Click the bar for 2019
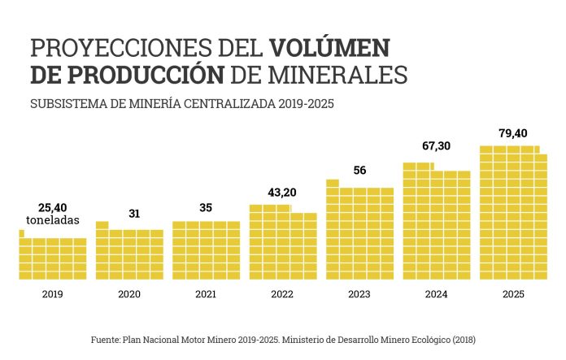click(52, 258)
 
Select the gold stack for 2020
click(129, 254)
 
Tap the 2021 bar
click(206, 250)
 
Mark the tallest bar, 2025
click(513, 213)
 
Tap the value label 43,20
click(282, 192)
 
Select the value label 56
click(359, 170)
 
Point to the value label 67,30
click(437, 146)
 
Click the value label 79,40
click(513, 132)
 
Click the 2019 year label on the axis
click(52, 295)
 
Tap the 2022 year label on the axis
click(282, 295)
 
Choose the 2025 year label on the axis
click(513, 295)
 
